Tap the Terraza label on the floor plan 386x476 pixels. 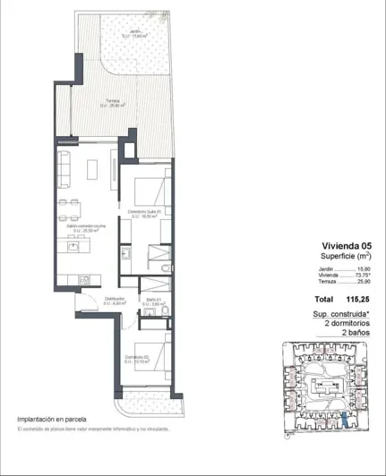click(112, 102)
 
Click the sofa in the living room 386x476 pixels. click(65, 166)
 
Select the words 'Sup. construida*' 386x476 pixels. click(340, 314)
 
